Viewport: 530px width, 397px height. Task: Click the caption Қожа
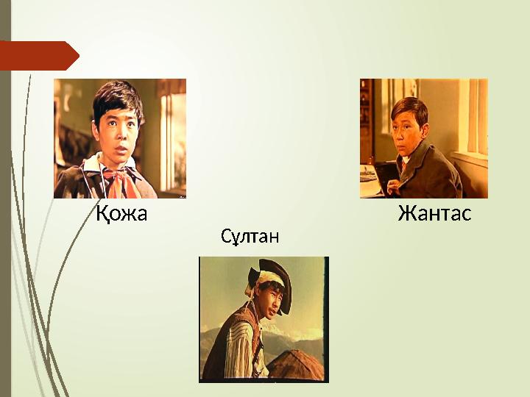(121, 215)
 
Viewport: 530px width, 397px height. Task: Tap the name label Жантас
(434, 215)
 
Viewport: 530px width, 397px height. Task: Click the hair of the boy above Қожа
(118, 96)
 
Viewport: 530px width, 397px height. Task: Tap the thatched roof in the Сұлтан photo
(294, 364)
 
